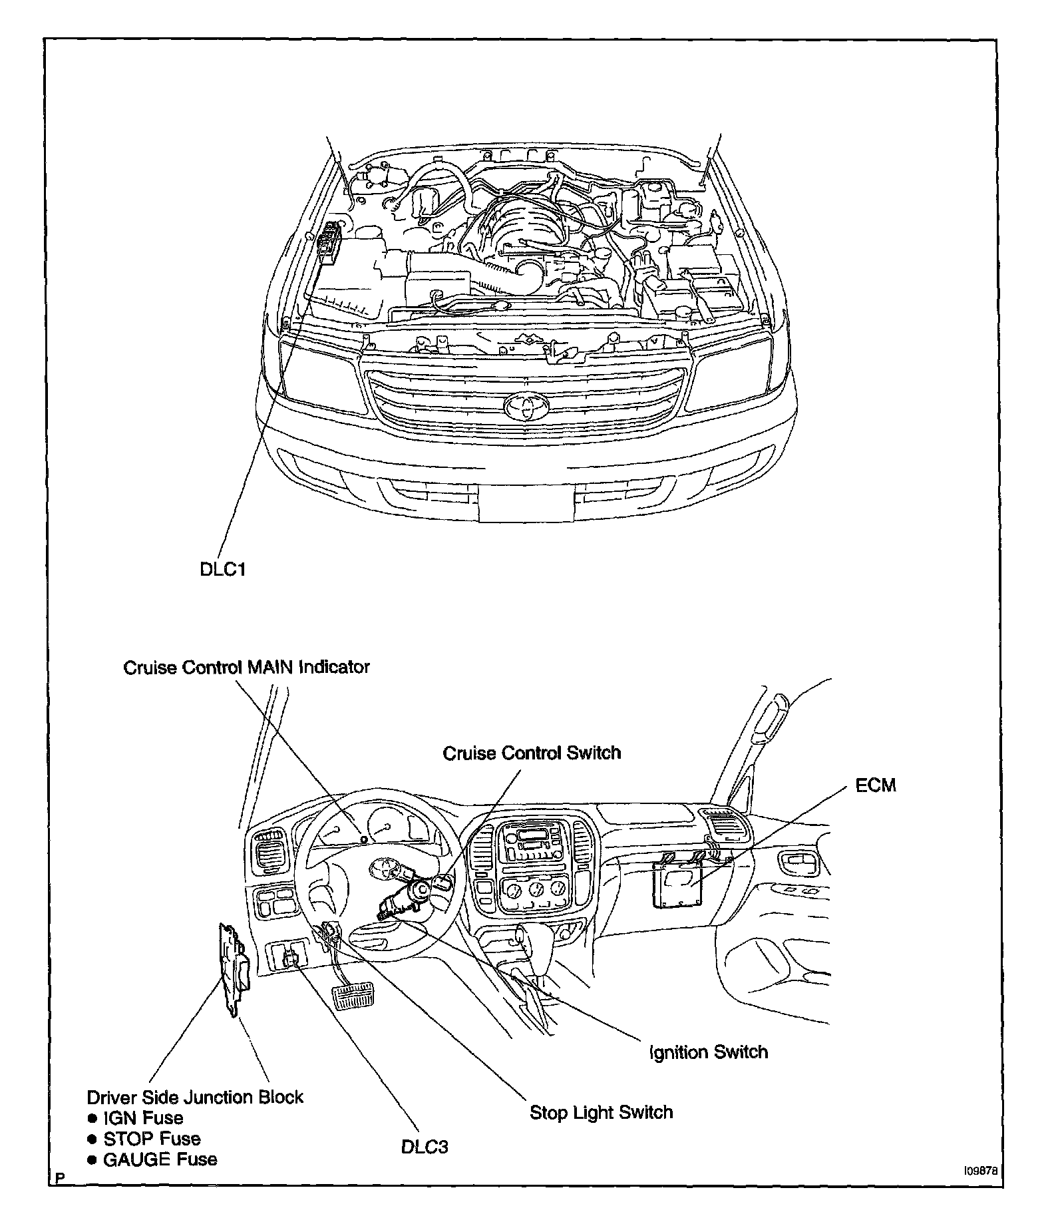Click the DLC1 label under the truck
pyautogui.click(x=223, y=570)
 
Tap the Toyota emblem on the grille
pyautogui.click(x=524, y=405)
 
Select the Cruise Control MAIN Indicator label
pyautogui.click(x=246, y=667)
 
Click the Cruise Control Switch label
pyautogui.click(x=532, y=753)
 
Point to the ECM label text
pyautogui.click(x=876, y=785)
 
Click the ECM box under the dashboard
pyautogui.click(x=680, y=883)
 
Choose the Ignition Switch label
pyautogui.click(x=709, y=1052)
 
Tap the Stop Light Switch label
pyautogui.click(x=601, y=1112)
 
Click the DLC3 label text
pyautogui.click(x=425, y=1147)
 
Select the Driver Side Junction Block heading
pyautogui.click(x=195, y=1097)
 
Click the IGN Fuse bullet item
pyautogui.click(x=142, y=1118)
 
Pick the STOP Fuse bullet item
pyautogui.click(x=151, y=1139)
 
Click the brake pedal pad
pyautogui.click(x=352, y=998)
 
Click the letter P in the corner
pyautogui.click(x=61, y=1179)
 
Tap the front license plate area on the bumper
pyautogui.click(x=526, y=502)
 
